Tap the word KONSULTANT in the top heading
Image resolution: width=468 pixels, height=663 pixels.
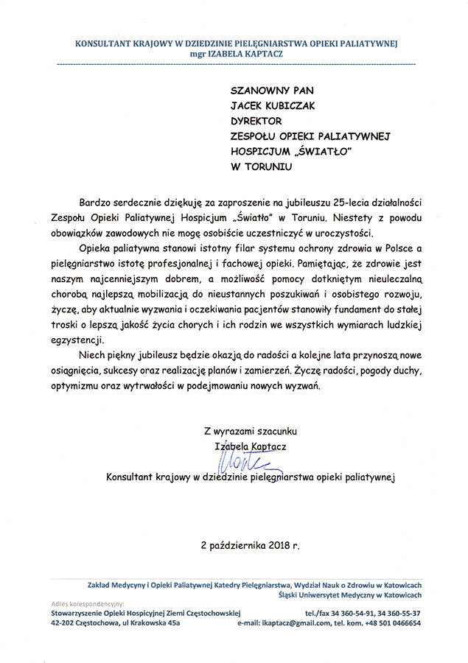pos(105,43)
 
